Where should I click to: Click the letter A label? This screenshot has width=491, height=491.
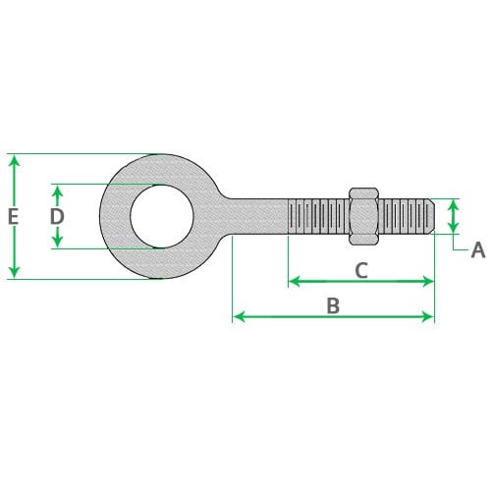478,250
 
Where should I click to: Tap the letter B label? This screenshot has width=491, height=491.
333,306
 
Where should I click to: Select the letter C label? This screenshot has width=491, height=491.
361,270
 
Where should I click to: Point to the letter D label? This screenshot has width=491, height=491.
57,216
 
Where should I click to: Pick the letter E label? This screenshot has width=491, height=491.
13,217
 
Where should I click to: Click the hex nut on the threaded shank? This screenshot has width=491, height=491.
364,216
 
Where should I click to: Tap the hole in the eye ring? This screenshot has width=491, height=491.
162,216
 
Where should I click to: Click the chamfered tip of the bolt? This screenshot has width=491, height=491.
432,216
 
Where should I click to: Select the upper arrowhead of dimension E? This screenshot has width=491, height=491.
14,161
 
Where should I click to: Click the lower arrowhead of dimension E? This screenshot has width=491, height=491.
14,272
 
